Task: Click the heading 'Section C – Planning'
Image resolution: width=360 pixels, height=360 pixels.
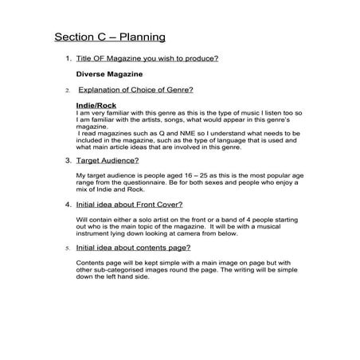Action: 110,37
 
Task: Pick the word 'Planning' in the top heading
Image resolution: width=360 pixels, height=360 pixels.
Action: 140,37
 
